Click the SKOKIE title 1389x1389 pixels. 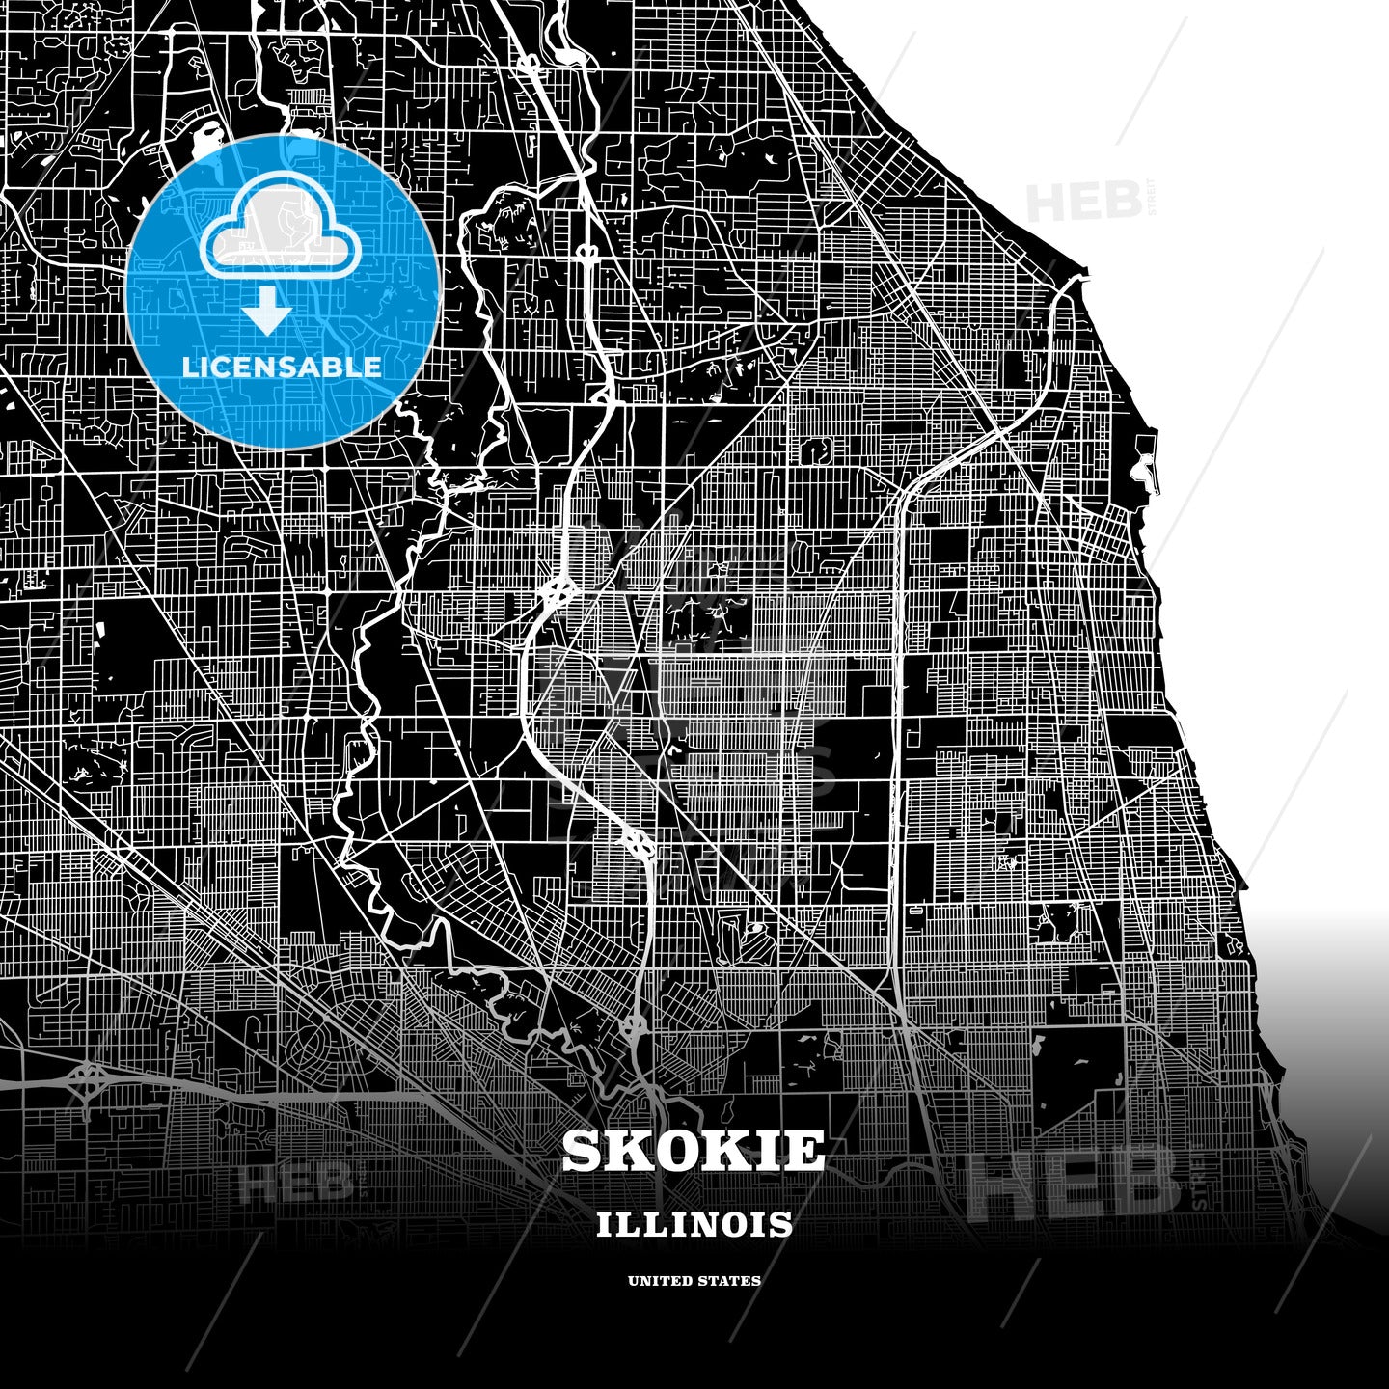point(694,1150)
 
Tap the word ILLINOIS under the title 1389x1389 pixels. point(694,1224)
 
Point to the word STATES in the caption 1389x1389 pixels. point(732,1281)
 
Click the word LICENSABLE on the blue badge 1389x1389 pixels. point(282,367)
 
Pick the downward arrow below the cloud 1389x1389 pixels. point(267,313)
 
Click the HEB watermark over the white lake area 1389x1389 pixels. point(1082,201)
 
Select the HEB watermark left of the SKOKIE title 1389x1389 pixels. point(295,1183)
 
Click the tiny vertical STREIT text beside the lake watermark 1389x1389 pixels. point(1150,199)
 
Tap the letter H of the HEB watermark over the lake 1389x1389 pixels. point(1046,201)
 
